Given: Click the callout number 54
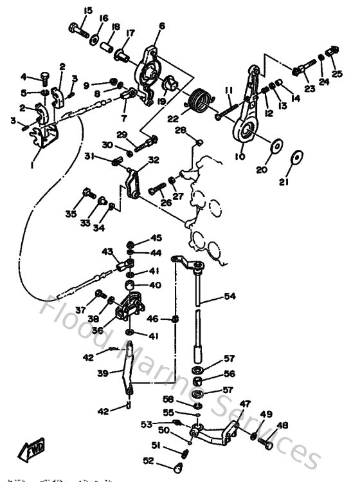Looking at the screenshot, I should click(x=230, y=297).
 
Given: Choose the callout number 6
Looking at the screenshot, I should click(x=161, y=26).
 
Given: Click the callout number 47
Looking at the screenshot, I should click(x=245, y=404).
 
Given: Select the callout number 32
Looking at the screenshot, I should click(x=153, y=160).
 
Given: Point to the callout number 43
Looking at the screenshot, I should click(x=107, y=252).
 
